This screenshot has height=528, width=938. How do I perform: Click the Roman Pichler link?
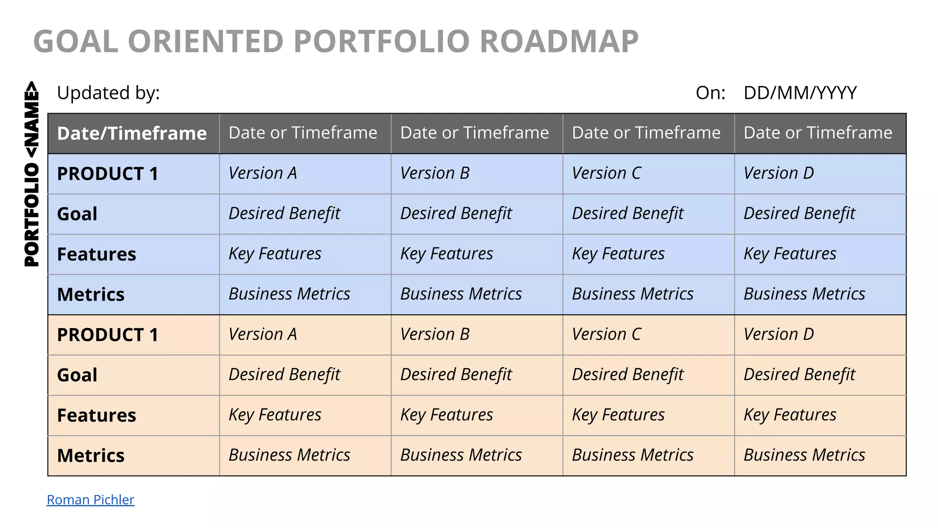(90, 499)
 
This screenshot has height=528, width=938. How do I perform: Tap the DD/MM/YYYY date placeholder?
(800, 93)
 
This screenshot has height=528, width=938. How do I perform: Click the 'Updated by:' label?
(108, 93)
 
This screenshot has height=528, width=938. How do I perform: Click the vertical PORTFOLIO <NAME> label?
(32, 174)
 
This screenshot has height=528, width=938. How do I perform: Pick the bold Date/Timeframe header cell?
(132, 133)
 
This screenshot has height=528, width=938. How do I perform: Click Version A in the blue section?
(262, 173)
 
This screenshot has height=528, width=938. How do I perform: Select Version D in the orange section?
(779, 334)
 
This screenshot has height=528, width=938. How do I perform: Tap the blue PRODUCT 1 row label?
(108, 174)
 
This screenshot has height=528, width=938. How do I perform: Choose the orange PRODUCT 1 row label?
(108, 335)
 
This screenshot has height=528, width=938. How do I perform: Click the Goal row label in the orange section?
(77, 375)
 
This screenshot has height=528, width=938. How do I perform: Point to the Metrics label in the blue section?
(91, 294)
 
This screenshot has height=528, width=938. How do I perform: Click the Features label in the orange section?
(97, 415)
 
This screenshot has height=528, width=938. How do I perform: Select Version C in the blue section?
(606, 173)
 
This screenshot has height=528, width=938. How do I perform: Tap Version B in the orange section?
(435, 334)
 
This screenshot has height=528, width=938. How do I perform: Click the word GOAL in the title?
(76, 41)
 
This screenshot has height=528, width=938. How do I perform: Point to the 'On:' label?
(710, 93)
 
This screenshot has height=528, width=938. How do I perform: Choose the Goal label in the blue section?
(77, 214)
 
